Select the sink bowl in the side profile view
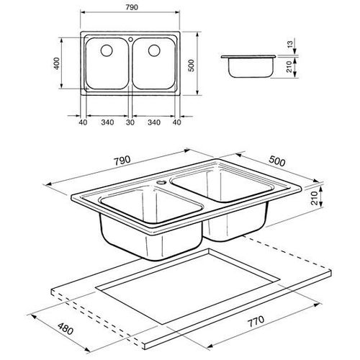pyautogui.click(x=249, y=68)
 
